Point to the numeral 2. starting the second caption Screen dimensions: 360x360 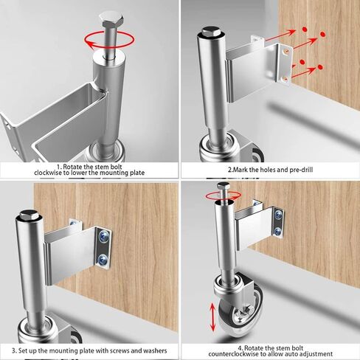click(x=210, y=169)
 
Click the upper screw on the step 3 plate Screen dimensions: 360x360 click(x=103, y=236)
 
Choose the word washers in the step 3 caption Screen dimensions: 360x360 click(x=152, y=350)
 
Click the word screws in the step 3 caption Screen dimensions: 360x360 click(x=112, y=350)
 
